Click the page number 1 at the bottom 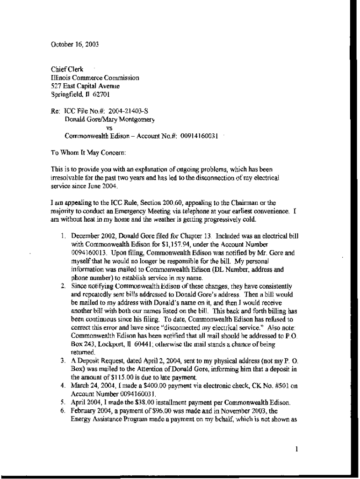click(x=296, y=450)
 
